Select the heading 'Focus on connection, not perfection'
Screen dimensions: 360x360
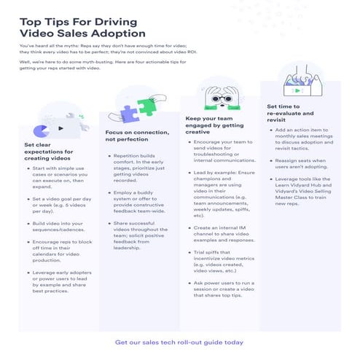[x=136, y=136]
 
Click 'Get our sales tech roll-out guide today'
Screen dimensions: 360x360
[x=179, y=341]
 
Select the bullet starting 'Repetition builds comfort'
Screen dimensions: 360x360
[x=141, y=167]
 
